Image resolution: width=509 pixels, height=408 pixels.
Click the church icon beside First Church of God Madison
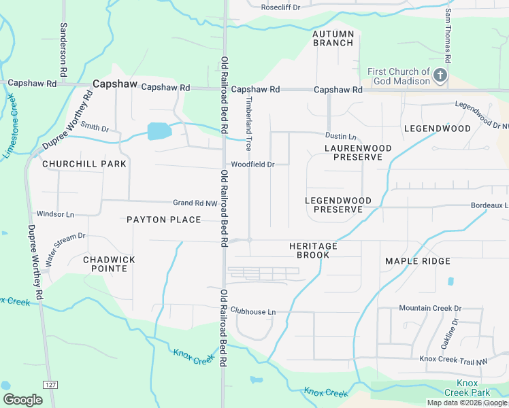coord(440,75)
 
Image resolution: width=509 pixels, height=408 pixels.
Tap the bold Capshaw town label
coord(115,84)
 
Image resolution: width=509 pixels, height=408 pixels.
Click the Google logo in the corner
coord(22,399)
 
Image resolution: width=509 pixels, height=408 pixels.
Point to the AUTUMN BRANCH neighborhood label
coord(333,38)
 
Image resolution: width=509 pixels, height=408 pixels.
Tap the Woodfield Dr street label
coord(252,165)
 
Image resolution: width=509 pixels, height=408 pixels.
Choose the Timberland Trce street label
coord(248,123)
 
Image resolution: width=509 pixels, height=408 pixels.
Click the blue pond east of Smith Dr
coord(159,131)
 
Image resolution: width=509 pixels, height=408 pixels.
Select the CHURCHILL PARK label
coord(75,164)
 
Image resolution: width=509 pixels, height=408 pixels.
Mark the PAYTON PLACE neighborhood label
coord(163,220)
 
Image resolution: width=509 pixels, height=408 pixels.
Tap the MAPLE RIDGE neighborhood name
coord(417,261)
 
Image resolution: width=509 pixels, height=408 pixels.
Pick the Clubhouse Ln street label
coord(252,311)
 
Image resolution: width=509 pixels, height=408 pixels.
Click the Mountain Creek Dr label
coord(430,308)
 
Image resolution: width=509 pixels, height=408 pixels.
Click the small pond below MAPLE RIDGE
coord(450,281)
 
